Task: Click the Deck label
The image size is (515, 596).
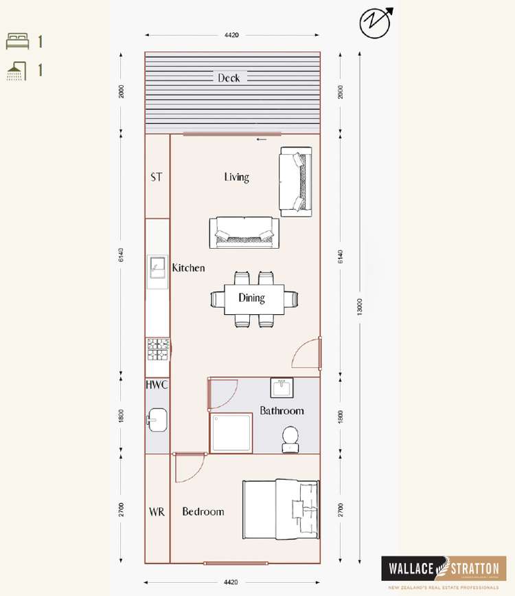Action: [x=229, y=78]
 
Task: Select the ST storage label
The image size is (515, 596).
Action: [x=157, y=177]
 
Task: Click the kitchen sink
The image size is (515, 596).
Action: [x=158, y=266]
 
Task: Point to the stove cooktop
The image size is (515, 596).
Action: [x=158, y=350]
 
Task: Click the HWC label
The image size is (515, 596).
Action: [x=157, y=385]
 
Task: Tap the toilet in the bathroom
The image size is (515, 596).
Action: [x=290, y=439]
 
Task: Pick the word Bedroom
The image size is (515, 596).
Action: [x=203, y=511]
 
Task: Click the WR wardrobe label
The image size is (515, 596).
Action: [x=157, y=511]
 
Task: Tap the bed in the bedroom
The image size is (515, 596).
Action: [x=280, y=509]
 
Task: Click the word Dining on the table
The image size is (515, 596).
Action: [x=251, y=298]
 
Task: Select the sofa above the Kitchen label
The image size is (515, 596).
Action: [x=245, y=232]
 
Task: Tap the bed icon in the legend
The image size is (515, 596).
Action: [x=18, y=41]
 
